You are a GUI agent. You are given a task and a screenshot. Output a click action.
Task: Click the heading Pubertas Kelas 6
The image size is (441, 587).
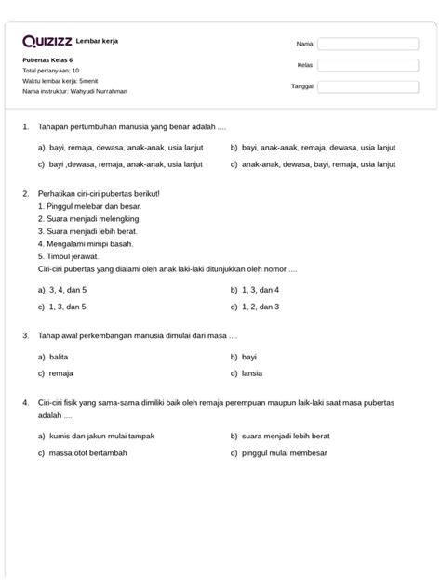pyautogui.click(x=47, y=60)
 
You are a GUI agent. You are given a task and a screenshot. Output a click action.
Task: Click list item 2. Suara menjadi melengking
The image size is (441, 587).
pyautogui.click(x=83, y=219)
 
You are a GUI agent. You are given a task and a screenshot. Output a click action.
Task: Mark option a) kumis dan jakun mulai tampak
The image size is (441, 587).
pyautogui.click(x=95, y=436)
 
